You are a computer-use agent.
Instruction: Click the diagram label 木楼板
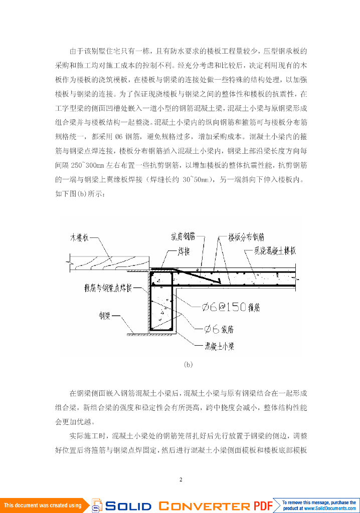pos(79,239)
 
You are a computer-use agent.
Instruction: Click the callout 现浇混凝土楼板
pos(275,250)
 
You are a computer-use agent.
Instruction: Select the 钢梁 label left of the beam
pos(104,316)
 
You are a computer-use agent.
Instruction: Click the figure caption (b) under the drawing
pos(188,365)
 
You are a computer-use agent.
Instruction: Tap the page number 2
pos(181,480)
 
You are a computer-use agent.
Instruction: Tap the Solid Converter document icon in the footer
pos(97,505)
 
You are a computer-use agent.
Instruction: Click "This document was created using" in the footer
pos(43,505)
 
